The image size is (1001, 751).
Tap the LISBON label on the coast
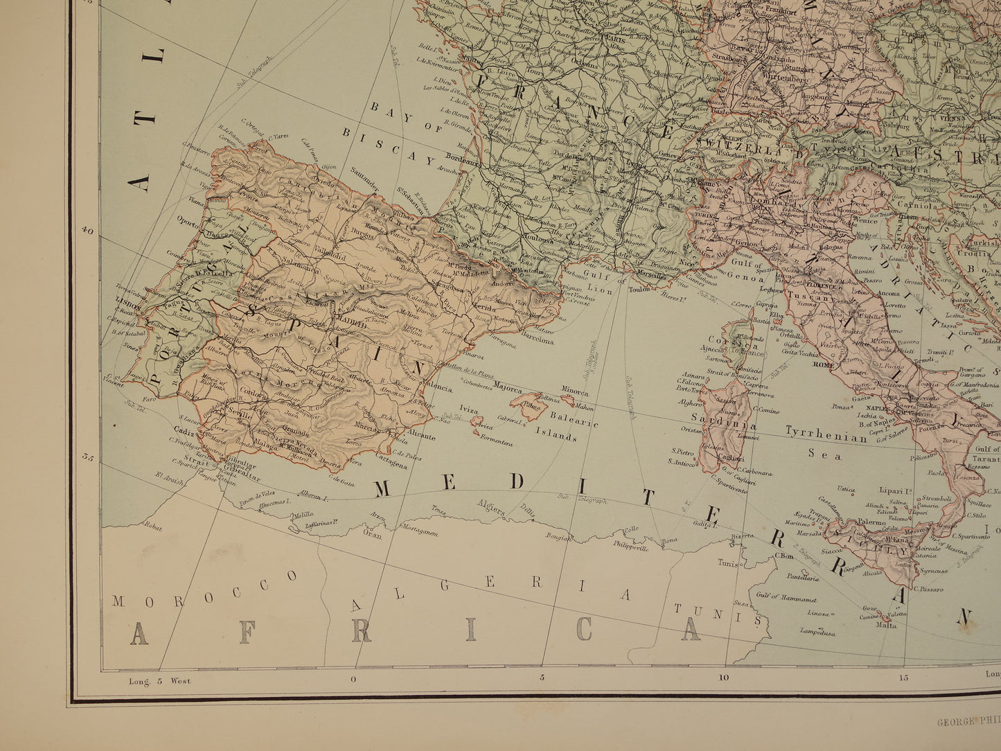[x=129, y=303]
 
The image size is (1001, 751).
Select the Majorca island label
[x=507, y=389]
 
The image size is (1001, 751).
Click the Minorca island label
[x=575, y=389]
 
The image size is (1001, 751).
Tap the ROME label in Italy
[x=824, y=364]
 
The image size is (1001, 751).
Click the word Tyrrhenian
[x=826, y=436]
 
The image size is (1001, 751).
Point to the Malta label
[x=886, y=624]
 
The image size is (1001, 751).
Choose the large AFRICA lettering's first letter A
[x=139, y=632]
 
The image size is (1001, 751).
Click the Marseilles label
[x=648, y=275]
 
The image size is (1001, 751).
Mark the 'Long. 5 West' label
[x=159, y=680]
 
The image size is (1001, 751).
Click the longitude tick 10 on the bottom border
[x=724, y=679]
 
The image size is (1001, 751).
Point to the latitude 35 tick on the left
[x=87, y=457]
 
